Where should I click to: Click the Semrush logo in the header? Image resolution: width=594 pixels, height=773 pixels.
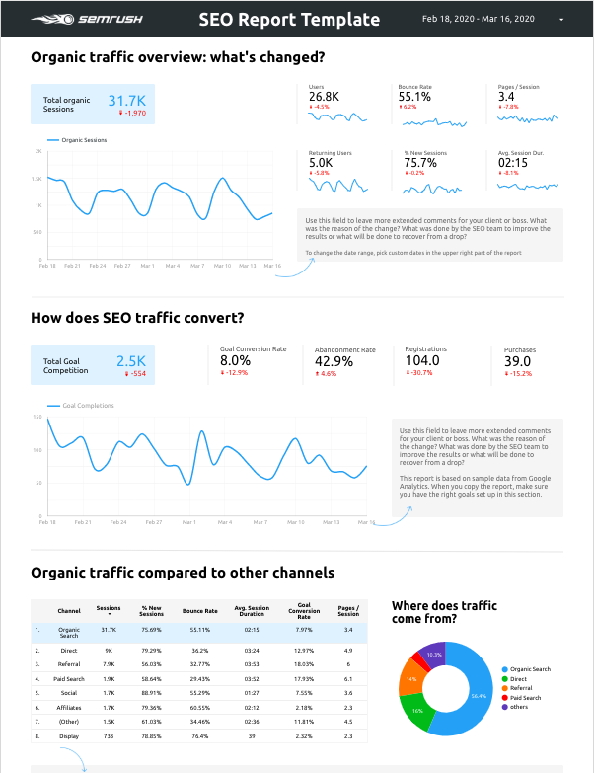point(68,19)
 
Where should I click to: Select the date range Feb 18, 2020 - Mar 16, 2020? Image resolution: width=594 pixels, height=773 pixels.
point(478,19)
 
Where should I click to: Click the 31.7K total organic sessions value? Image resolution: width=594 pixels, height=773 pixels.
point(127,101)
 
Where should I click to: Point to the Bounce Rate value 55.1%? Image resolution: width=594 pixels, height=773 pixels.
point(414,97)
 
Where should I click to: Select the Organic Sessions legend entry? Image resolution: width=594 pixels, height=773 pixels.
point(83,140)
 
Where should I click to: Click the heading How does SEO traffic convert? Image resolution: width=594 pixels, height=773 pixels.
point(137,318)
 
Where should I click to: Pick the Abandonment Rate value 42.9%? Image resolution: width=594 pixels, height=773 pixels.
point(334,361)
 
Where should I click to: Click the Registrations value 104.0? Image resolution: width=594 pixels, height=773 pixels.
point(421,361)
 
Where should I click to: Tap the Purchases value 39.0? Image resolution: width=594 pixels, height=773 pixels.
point(518,361)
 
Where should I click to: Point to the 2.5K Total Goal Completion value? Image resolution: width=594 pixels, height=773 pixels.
point(130,361)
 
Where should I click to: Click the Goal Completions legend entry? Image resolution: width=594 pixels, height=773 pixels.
point(87,406)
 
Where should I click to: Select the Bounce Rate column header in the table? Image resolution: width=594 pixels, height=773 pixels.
point(199,611)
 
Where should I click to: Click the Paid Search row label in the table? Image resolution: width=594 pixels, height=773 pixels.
point(69,679)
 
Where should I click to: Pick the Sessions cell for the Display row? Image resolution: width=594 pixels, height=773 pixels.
point(109,735)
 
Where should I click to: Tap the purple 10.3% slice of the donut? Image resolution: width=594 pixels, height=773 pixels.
point(433,654)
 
